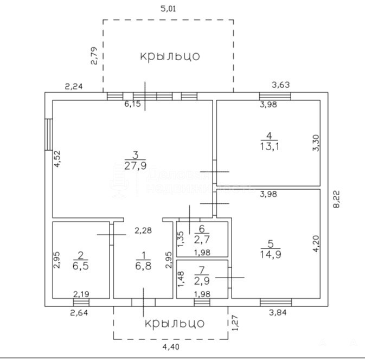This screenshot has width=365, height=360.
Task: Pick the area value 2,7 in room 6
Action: [202, 239]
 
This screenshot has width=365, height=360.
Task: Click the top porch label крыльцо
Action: [170, 56]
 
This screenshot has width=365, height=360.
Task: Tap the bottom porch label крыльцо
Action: [175, 323]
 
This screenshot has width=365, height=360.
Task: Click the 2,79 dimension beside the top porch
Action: [93, 56]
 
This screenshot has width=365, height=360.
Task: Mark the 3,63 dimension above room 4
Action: [281, 84]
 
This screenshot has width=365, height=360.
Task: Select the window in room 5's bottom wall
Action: [276, 301]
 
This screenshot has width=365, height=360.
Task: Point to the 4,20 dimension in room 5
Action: [316, 243]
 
